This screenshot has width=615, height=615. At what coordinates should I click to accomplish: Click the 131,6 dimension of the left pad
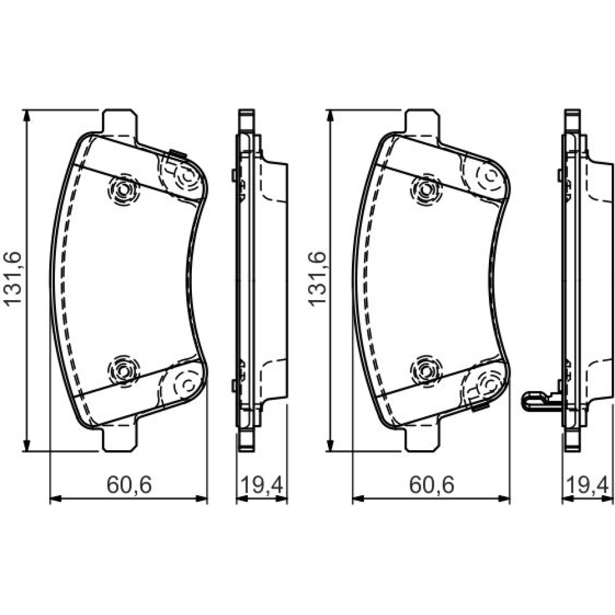[12, 279]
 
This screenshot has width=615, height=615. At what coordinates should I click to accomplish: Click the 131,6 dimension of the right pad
[317, 279]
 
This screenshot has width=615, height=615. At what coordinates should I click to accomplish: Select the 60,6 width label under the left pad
[129, 485]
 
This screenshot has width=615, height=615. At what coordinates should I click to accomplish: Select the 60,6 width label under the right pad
[432, 485]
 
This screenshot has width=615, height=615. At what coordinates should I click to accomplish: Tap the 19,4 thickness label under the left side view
[261, 485]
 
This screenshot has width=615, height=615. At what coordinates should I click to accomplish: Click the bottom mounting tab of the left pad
[120, 437]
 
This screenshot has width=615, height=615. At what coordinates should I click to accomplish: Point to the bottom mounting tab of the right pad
[423, 437]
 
